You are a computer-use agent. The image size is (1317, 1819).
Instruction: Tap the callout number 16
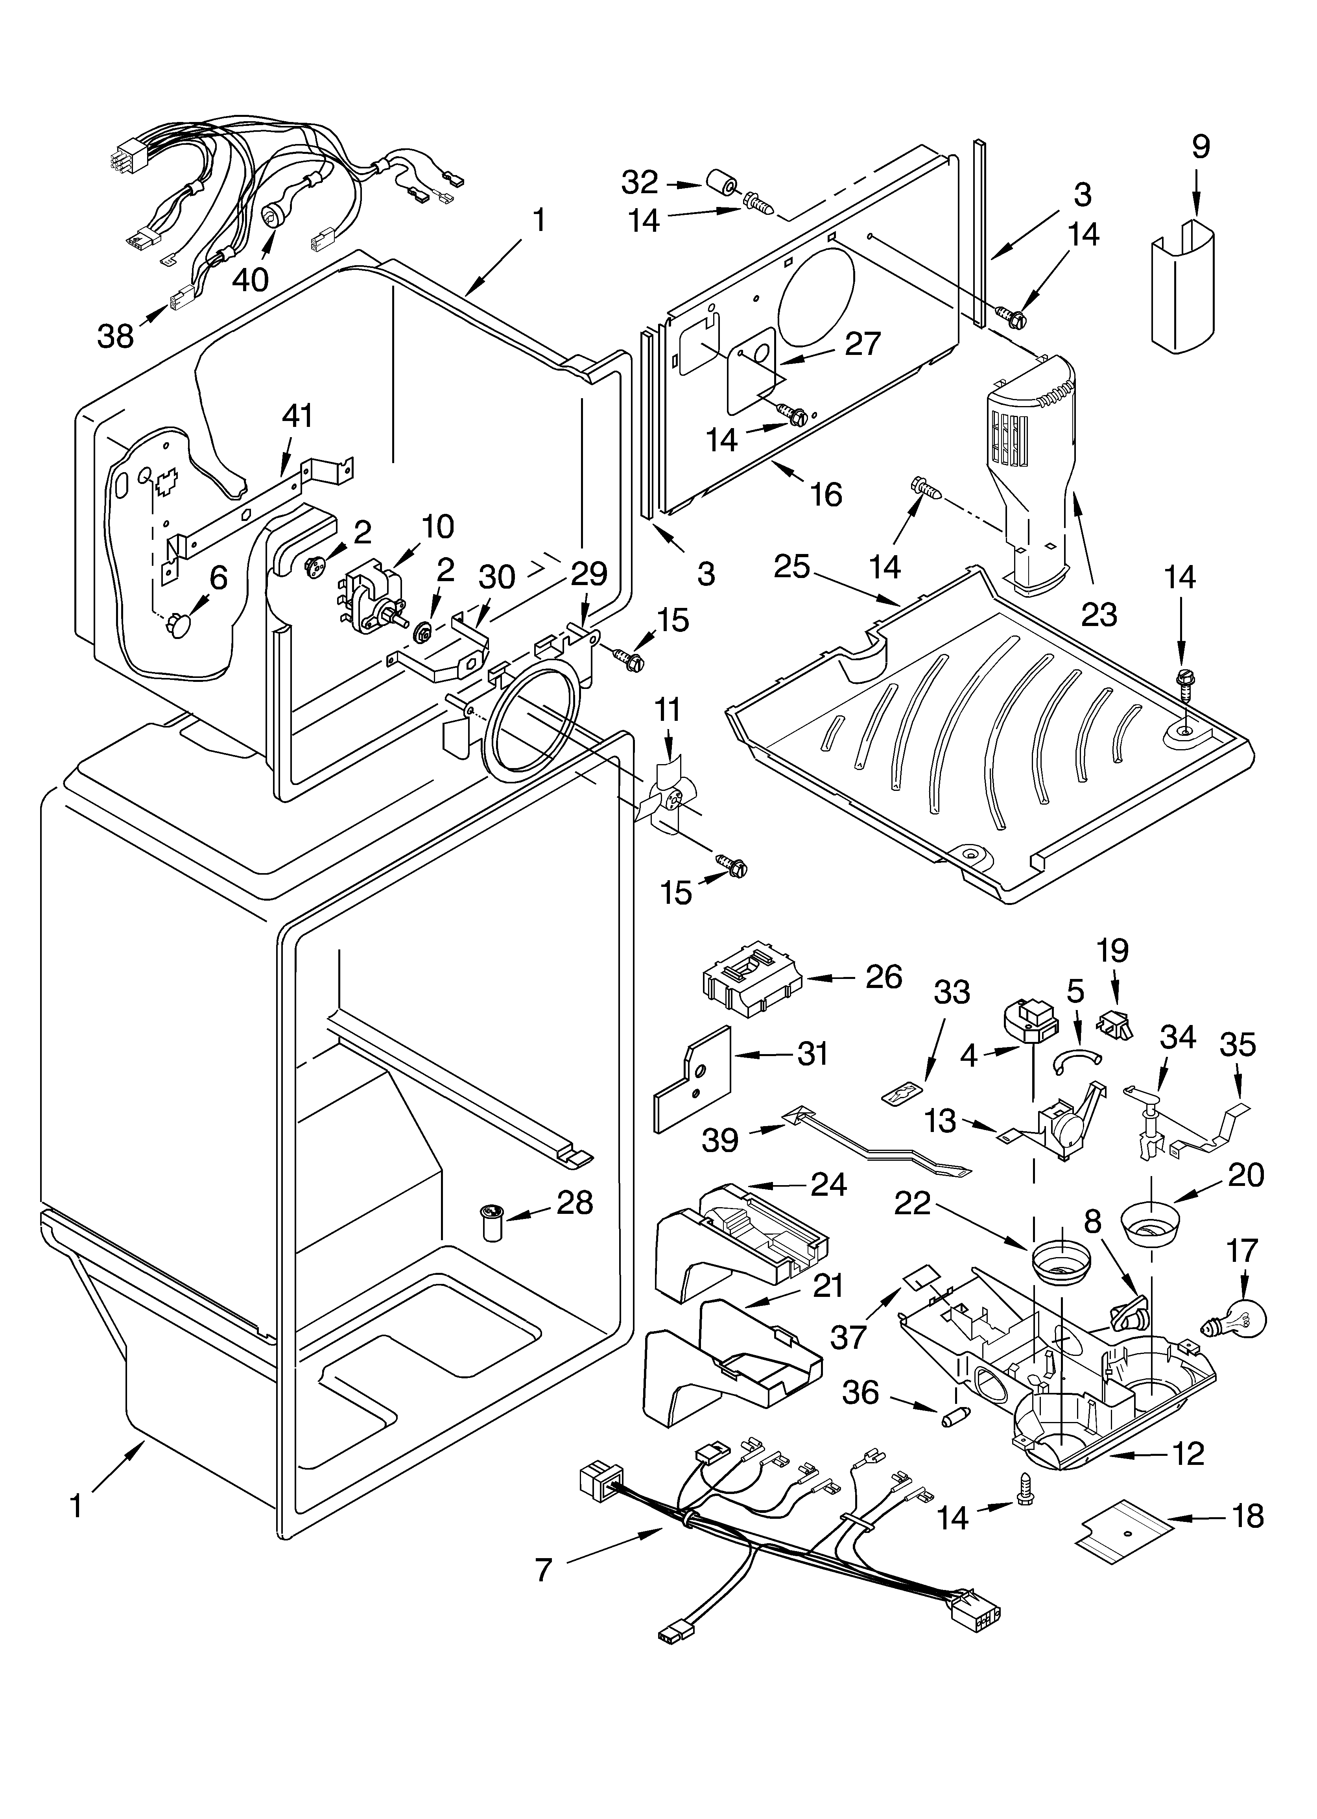point(826,495)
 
